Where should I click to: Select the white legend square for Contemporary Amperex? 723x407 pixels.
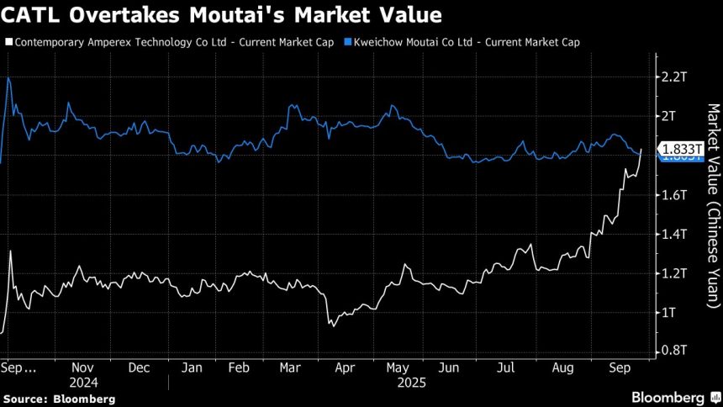coord(8,41)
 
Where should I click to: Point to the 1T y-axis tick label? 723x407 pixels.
coord(670,312)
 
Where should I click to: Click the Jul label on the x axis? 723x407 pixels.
coord(505,367)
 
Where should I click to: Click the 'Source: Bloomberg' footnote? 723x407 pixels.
coord(59,399)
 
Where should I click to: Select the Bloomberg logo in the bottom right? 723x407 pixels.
coord(669,396)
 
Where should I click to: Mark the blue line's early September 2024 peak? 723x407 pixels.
coord(8,77)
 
